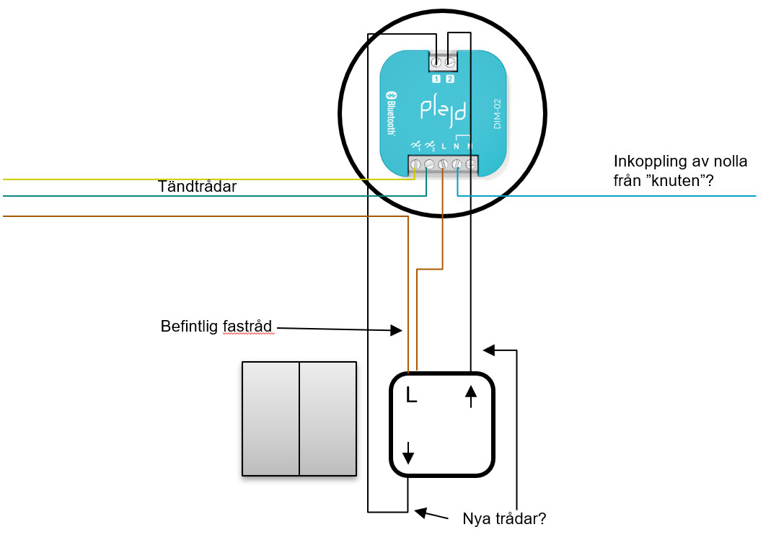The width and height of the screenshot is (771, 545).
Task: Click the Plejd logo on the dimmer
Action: [443, 110]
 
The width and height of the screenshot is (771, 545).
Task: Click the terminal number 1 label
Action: [436, 79]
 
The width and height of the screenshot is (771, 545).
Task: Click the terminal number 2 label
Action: [450, 79]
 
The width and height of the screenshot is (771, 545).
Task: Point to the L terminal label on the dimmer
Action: [443, 146]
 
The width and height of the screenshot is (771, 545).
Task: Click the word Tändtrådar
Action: [197, 187]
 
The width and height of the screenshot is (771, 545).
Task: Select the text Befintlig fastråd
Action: [216, 327]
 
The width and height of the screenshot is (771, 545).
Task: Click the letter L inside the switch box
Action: [411, 394]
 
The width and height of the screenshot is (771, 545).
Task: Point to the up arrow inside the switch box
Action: [471, 396]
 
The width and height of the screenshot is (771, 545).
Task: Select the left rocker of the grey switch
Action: [270, 418]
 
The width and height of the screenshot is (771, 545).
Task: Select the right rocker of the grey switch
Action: [327, 418]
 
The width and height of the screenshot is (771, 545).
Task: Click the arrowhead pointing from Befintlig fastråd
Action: [396, 330]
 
